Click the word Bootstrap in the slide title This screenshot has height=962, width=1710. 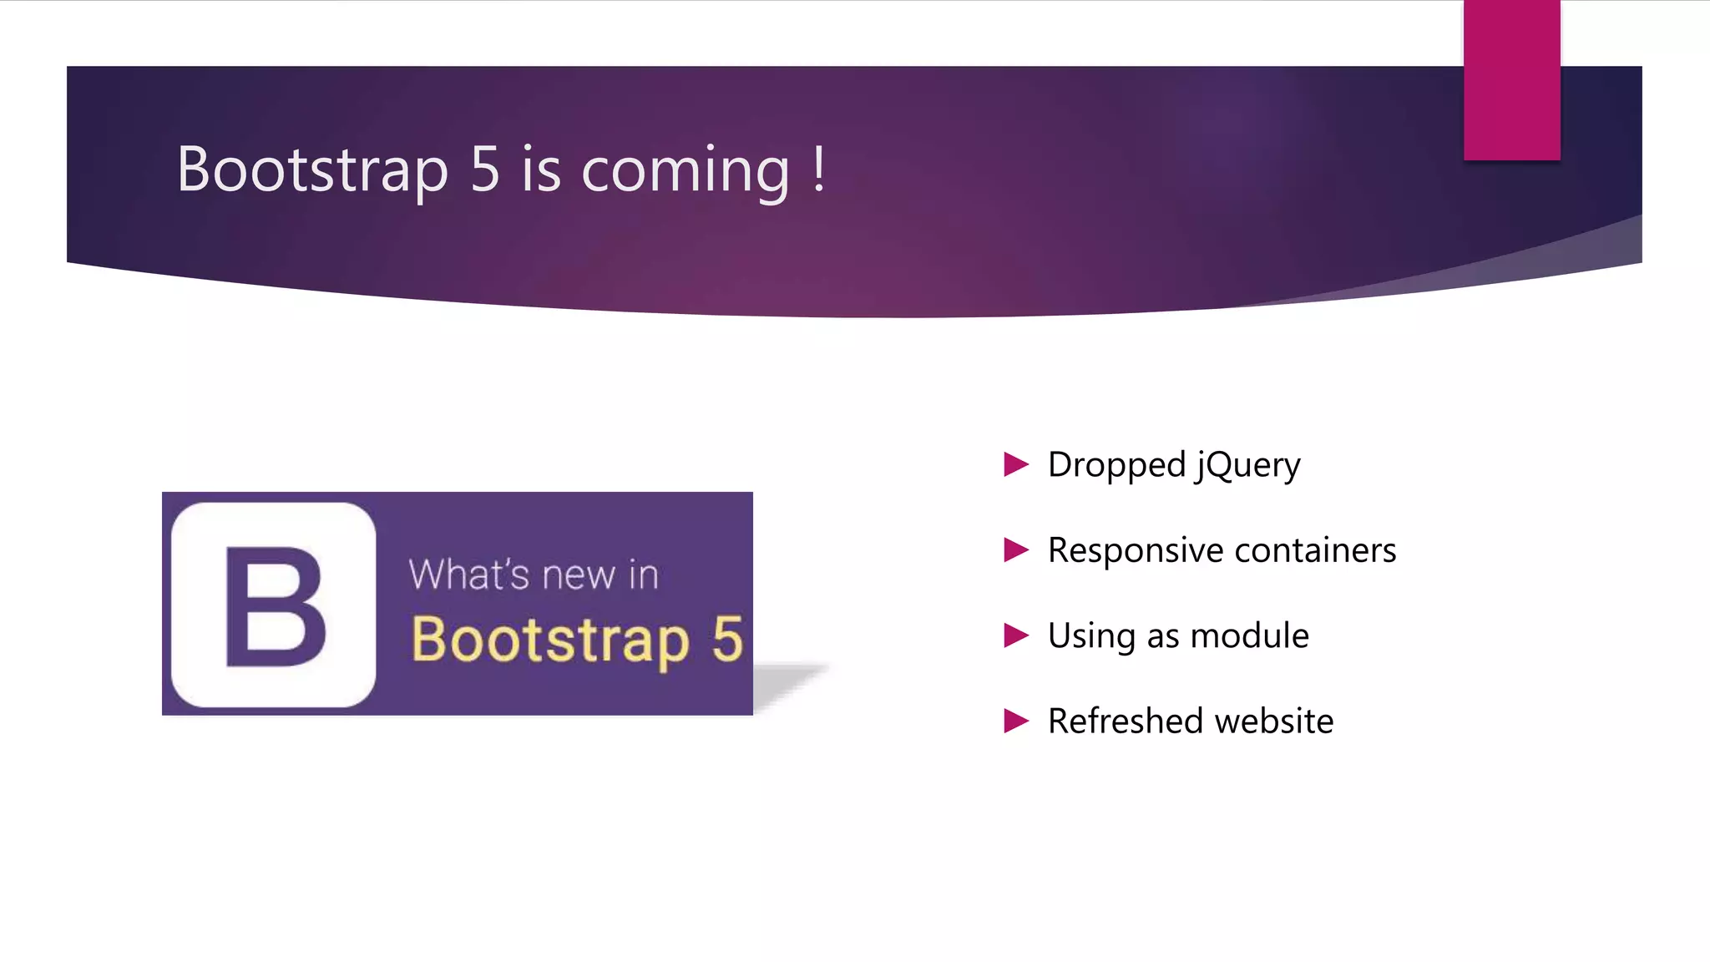pyautogui.click(x=312, y=170)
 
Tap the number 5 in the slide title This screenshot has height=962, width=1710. pyautogui.click(x=485, y=170)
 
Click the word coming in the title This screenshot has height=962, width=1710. pyautogui.click(x=685, y=172)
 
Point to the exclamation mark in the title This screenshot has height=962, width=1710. pyautogui.click(x=819, y=169)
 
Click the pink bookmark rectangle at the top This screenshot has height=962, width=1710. pyautogui.click(x=1511, y=79)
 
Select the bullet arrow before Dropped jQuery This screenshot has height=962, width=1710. pyautogui.click(x=1015, y=464)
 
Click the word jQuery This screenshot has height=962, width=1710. pyautogui.click(x=1247, y=466)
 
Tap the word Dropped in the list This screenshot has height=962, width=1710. pyautogui.click(x=1116, y=466)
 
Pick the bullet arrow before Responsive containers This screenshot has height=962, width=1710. pyautogui.click(x=1015, y=549)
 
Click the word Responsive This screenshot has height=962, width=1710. pyautogui.click(x=1136, y=551)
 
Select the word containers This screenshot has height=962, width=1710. pyautogui.click(x=1315, y=551)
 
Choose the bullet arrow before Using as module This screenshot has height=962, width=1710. pyautogui.click(x=1015, y=635)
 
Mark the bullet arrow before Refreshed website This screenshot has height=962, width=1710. pyautogui.click(x=1015, y=721)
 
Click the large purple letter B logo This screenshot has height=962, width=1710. pyautogui.click(x=275, y=606)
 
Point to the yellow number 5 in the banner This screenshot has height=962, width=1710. pyautogui.click(x=727, y=640)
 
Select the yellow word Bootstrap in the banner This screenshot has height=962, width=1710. pyautogui.click(x=549, y=641)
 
